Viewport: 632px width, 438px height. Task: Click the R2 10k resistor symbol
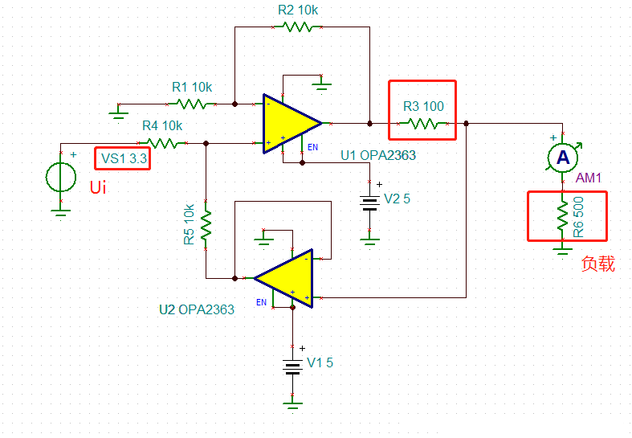click(x=298, y=27)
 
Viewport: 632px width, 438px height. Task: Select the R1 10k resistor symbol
click(x=193, y=104)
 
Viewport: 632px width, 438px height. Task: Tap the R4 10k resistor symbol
click(x=164, y=143)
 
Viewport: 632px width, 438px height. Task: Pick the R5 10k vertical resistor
click(x=206, y=225)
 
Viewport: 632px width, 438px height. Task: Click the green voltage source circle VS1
click(x=60, y=177)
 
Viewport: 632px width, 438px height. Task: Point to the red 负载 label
click(x=598, y=264)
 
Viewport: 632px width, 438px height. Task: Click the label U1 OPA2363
click(x=378, y=155)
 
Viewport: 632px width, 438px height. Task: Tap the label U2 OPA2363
click(x=197, y=309)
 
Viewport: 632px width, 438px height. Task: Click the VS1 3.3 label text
click(x=123, y=158)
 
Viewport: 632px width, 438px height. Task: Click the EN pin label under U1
click(x=313, y=147)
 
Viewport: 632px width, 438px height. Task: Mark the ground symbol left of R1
click(x=118, y=108)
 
